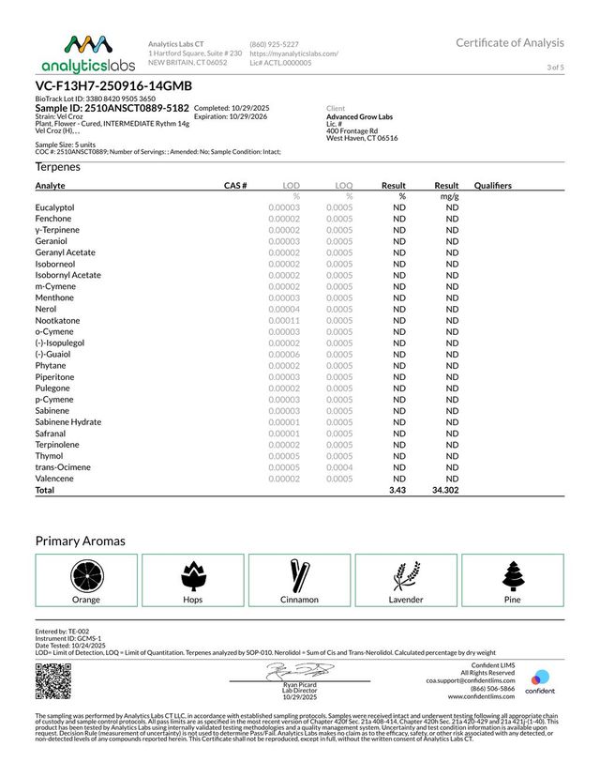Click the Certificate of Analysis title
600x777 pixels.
(x=510, y=42)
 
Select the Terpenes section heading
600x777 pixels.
(x=58, y=167)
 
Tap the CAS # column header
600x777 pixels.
(x=234, y=186)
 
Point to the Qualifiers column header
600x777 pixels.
(x=493, y=186)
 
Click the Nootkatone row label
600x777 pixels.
(x=58, y=320)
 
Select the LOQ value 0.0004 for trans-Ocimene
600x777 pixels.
(x=339, y=467)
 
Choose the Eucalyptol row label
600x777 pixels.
(x=55, y=207)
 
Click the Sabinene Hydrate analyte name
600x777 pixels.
(x=68, y=422)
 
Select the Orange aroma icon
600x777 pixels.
(x=86, y=573)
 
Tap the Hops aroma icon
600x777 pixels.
(x=192, y=573)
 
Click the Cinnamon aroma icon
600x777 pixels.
(x=299, y=573)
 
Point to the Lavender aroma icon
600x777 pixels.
(x=405, y=573)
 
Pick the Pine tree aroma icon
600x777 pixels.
(x=511, y=573)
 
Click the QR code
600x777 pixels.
(x=52, y=679)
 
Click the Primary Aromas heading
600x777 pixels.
(x=81, y=541)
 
